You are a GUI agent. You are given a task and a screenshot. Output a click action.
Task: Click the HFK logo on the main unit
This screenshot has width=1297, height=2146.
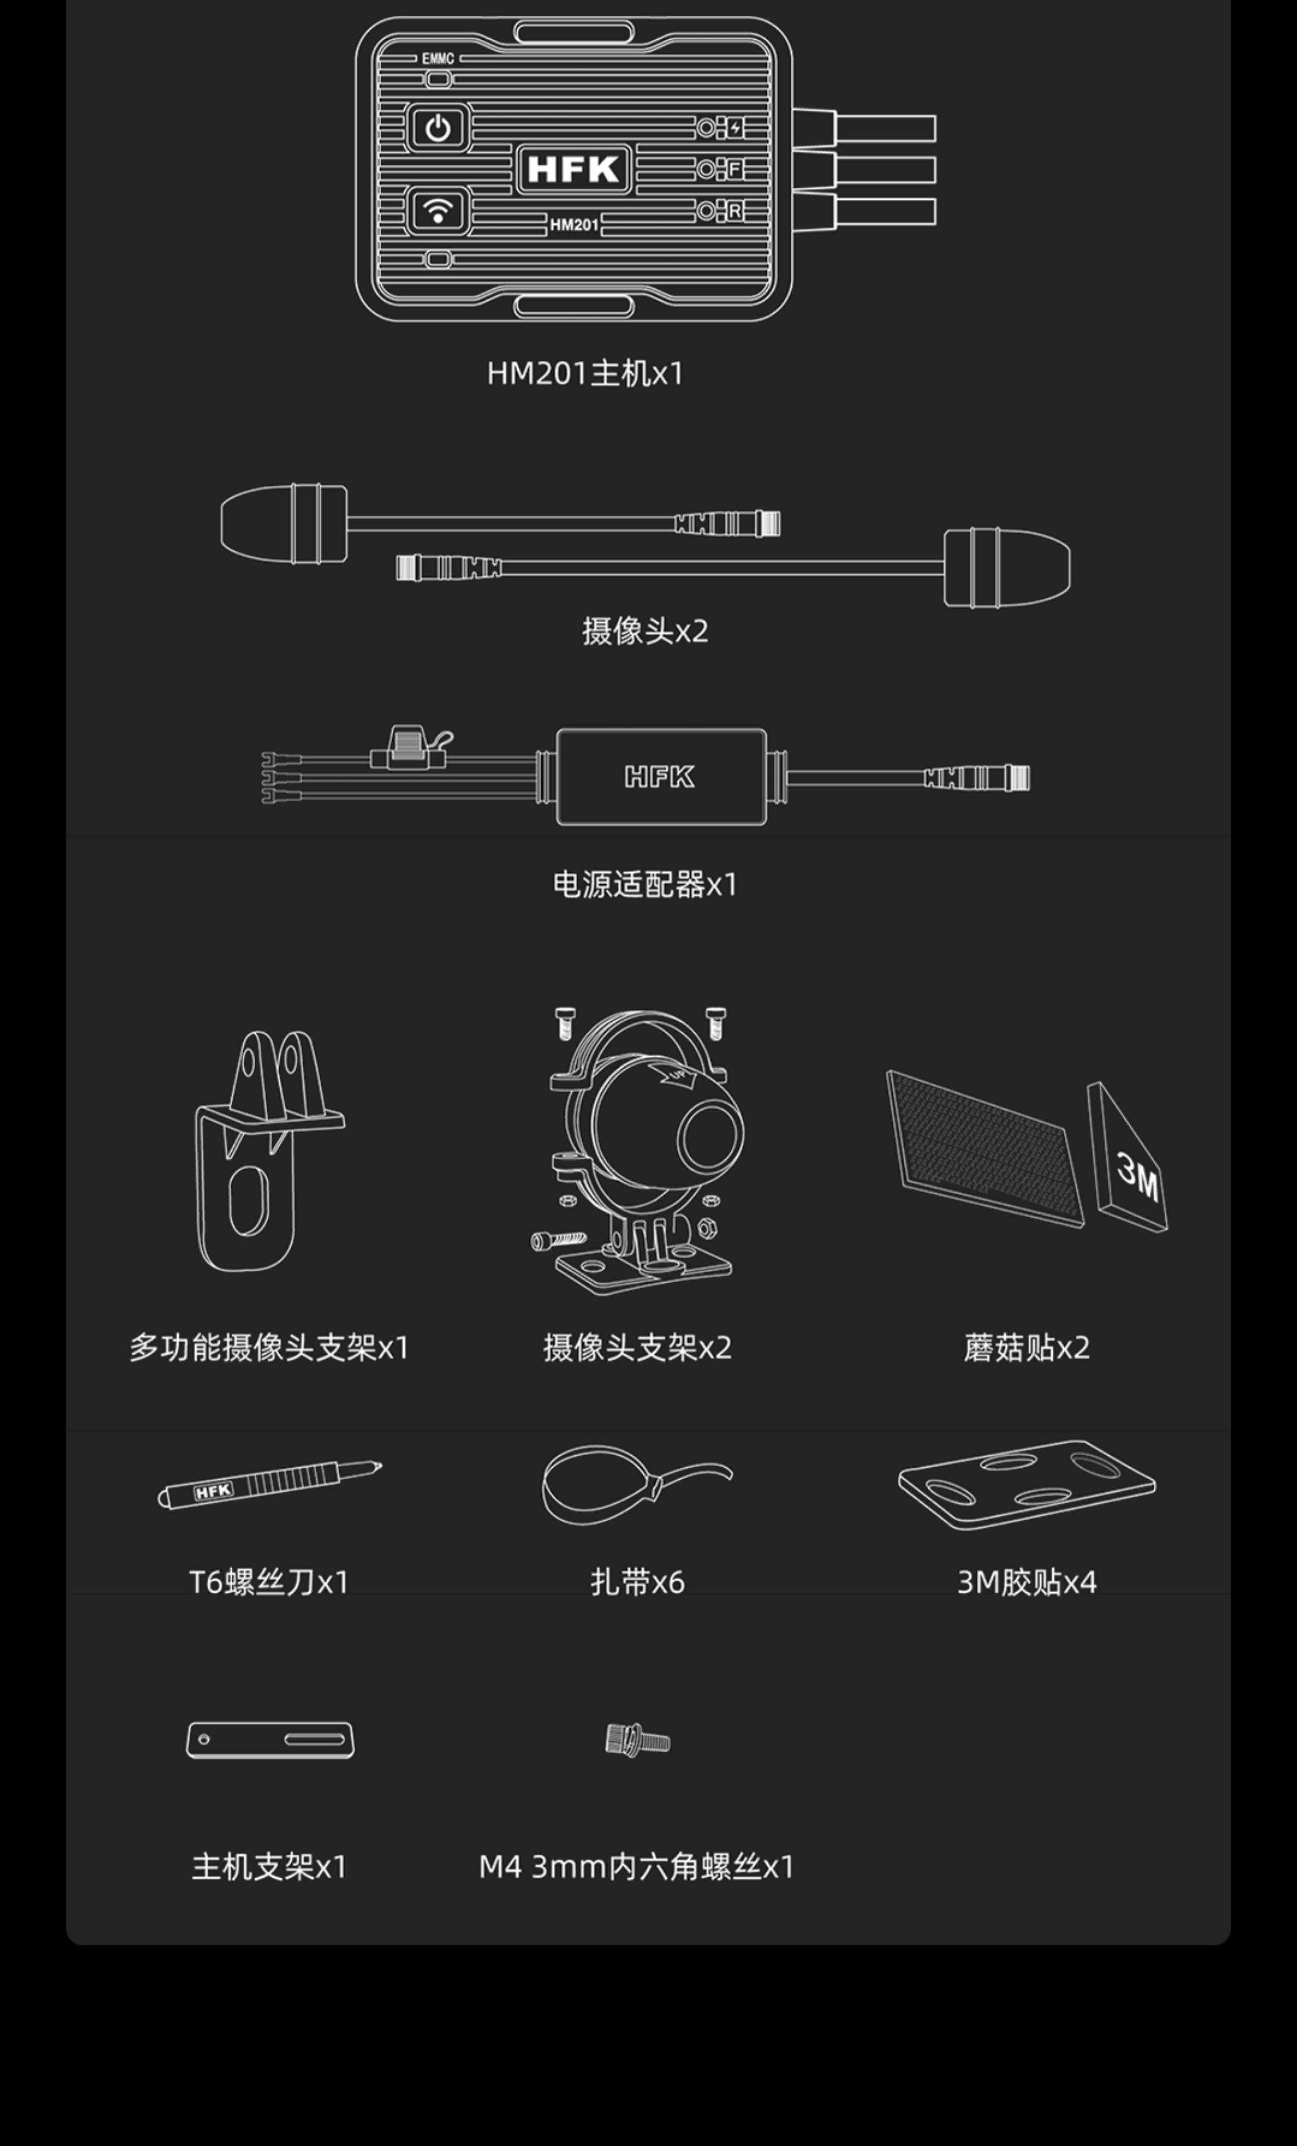573,169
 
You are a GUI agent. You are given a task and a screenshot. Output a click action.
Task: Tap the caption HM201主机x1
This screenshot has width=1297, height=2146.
585,374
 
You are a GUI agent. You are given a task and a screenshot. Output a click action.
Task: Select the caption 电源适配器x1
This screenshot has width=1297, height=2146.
645,885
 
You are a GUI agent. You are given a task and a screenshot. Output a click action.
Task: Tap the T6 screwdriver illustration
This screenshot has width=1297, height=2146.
269,1484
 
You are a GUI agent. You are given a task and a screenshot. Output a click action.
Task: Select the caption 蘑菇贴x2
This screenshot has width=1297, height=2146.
1026,1348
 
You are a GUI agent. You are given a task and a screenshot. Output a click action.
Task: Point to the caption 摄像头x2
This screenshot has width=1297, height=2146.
645,631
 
